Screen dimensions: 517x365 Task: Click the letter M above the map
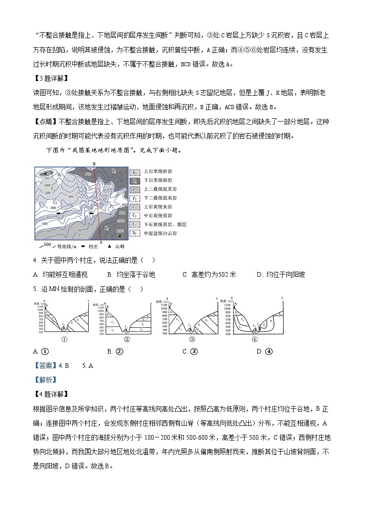tap(94, 163)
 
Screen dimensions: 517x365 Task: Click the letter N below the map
tap(101, 242)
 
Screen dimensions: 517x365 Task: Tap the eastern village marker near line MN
tap(91, 215)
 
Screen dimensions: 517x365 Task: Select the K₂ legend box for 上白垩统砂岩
tap(135, 172)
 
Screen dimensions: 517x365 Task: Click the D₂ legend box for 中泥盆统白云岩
tap(135, 233)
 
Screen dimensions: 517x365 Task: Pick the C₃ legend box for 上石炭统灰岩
tap(135, 207)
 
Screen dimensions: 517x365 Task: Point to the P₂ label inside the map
tap(81, 235)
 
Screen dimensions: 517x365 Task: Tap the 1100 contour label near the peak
tap(120, 230)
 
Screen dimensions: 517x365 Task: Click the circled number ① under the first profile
tap(64, 340)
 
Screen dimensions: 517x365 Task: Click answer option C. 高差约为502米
tap(209, 275)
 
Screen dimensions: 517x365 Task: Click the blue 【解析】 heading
tap(45, 380)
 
